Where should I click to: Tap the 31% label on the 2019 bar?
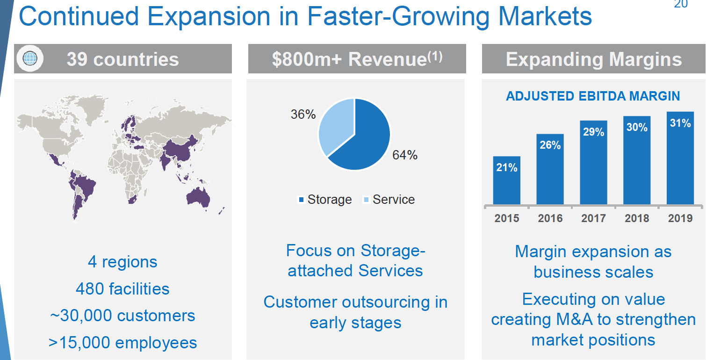[x=680, y=123]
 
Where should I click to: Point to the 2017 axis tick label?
[x=593, y=218]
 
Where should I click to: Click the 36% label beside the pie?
[x=303, y=115]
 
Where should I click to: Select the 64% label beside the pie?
[x=404, y=155]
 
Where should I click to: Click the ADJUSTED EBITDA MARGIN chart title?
[x=593, y=96]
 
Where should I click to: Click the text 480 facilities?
[x=122, y=288]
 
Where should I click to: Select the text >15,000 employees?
[x=122, y=343]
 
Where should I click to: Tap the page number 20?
[x=680, y=5]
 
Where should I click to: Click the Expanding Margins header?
[x=593, y=59]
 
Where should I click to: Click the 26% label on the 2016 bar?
[x=550, y=145]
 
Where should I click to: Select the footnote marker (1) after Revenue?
[x=435, y=56]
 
